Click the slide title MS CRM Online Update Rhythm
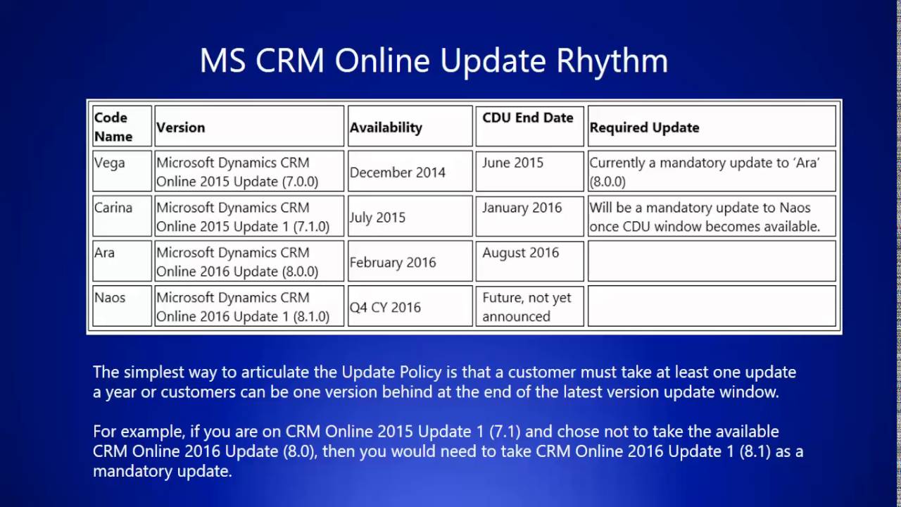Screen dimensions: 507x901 pyautogui.click(x=434, y=61)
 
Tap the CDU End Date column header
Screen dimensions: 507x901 pyautogui.click(x=528, y=118)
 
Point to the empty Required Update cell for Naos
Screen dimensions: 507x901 pyautogui.click(x=712, y=306)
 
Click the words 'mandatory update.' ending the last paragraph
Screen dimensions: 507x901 pyautogui.click(x=163, y=471)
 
